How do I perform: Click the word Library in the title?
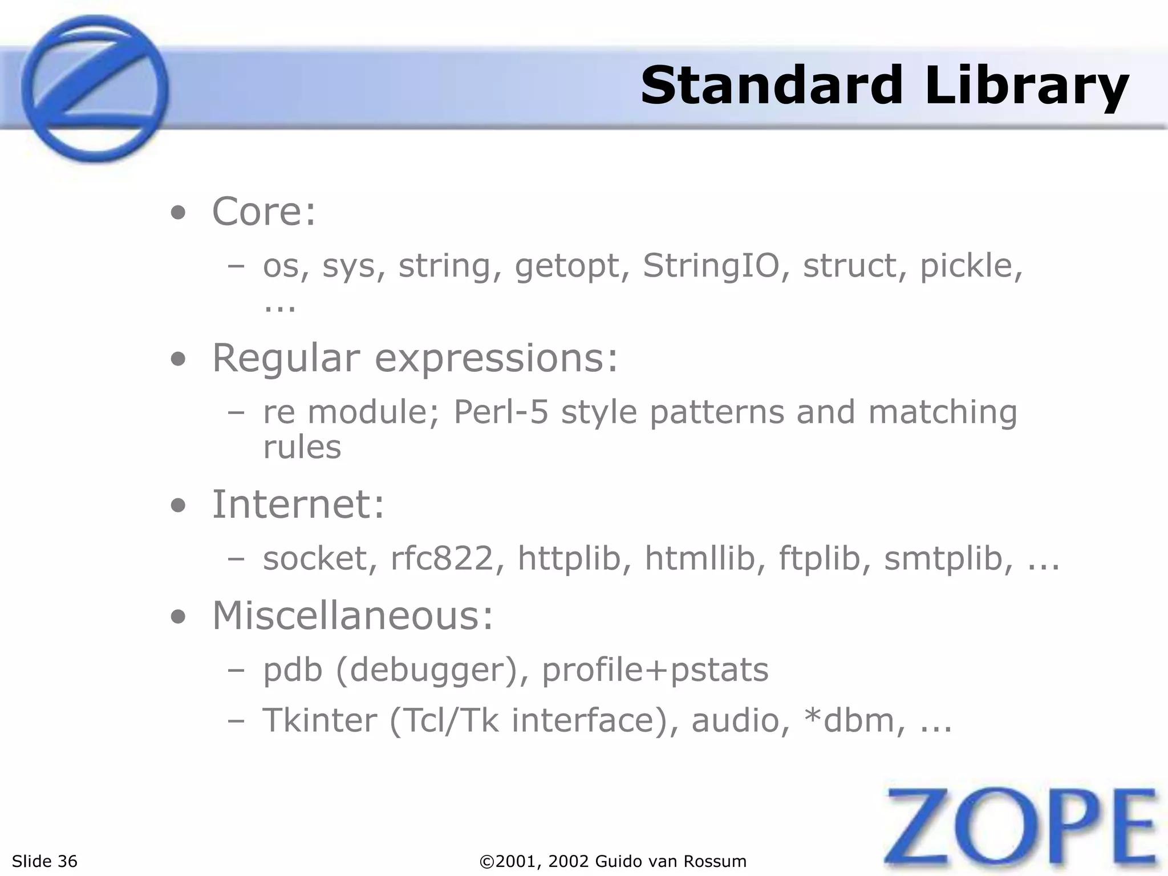click(x=1027, y=87)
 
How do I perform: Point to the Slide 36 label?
click(x=44, y=861)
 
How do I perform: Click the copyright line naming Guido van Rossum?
click(x=613, y=861)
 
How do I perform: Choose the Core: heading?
click(x=263, y=212)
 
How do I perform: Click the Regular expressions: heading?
click(x=415, y=359)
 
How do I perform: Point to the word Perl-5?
click(x=501, y=412)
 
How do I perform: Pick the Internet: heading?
click(x=298, y=505)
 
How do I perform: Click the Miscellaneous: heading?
click(x=352, y=617)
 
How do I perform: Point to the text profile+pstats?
click(x=655, y=670)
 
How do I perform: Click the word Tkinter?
click(x=319, y=720)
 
